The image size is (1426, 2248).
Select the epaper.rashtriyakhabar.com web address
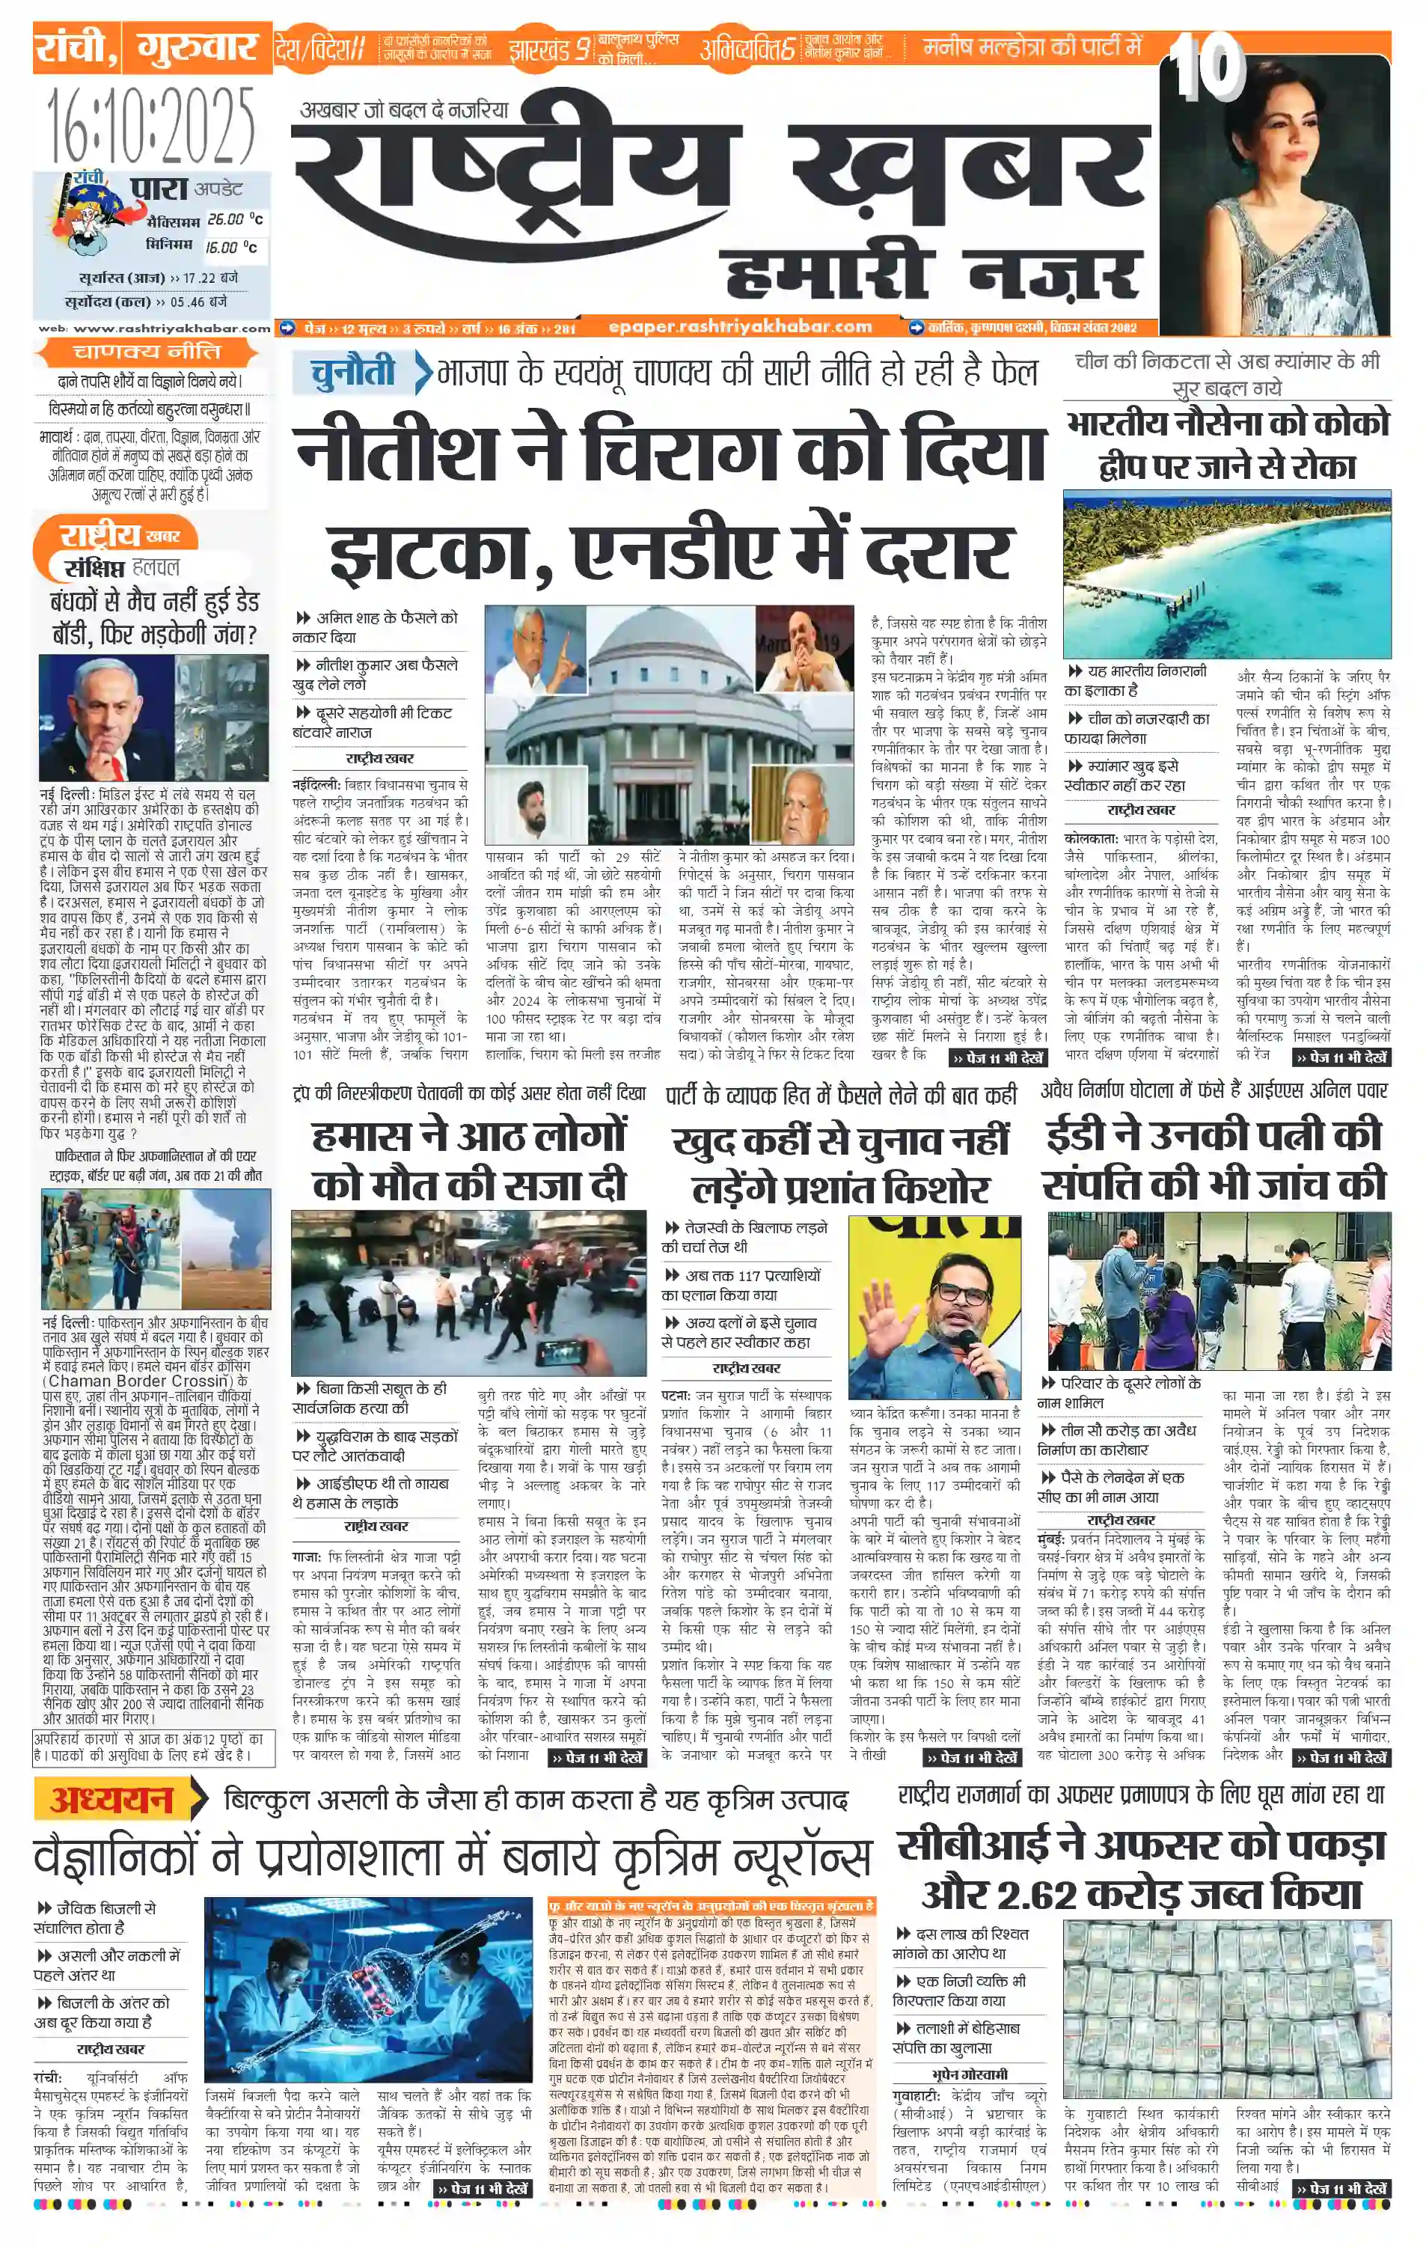pyautogui.click(x=739, y=327)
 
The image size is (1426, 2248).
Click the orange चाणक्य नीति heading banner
pyautogui.click(x=147, y=352)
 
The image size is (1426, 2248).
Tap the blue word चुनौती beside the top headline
pyautogui.click(x=354, y=373)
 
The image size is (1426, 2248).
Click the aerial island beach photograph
pyautogui.click(x=1226, y=574)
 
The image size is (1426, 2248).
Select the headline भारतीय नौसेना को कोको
pyautogui.click(x=1227, y=424)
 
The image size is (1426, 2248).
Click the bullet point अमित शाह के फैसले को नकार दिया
pyautogui.click(x=378, y=626)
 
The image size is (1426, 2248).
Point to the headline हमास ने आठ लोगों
pyautogui.click(x=468, y=1136)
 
